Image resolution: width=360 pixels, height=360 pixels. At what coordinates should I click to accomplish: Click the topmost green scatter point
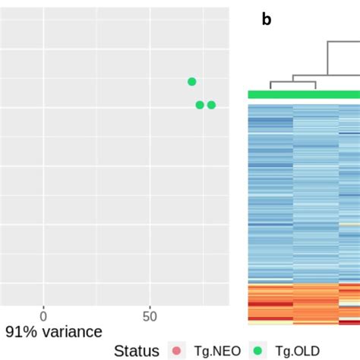(192, 81)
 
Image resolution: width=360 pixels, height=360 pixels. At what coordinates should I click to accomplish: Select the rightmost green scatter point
(211, 105)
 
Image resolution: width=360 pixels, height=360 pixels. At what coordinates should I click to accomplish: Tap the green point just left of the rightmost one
(200, 105)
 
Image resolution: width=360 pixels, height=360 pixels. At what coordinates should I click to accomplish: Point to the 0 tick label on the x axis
(43, 315)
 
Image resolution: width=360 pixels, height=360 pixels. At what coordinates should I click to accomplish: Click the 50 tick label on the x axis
(150, 315)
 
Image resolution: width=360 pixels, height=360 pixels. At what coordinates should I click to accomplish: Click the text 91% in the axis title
(21, 332)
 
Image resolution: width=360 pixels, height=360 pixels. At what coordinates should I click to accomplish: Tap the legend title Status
(137, 350)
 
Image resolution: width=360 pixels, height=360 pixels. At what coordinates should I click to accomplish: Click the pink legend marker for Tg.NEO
(177, 350)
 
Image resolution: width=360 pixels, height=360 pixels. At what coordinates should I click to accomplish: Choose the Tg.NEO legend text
(215, 350)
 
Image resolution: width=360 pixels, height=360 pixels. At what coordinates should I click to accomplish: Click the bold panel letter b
(267, 21)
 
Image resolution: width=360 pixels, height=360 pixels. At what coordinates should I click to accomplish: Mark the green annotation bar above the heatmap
(304, 94)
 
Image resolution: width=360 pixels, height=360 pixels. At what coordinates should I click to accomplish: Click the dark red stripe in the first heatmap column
(270, 304)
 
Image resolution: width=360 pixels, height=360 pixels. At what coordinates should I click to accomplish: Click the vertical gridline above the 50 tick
(150, 190)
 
